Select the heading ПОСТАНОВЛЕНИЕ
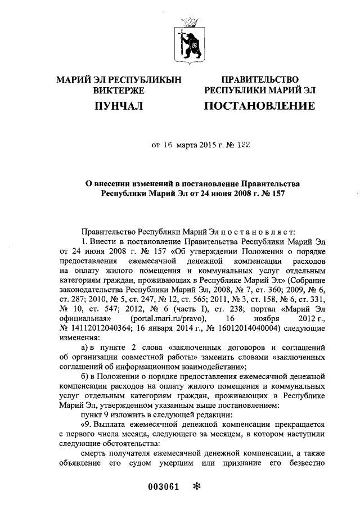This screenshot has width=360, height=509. (259, 106)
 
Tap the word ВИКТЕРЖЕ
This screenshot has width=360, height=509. (119, 91)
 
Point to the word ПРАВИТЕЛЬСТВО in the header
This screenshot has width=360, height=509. (260, 80)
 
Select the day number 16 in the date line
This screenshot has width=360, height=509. (169, 145)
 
